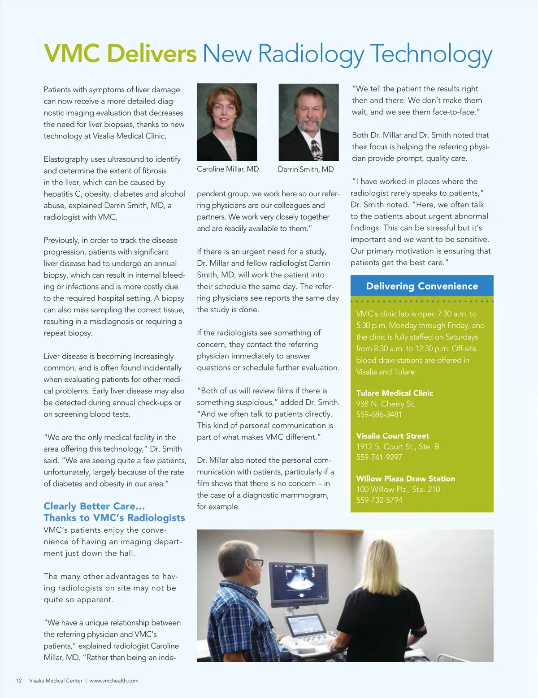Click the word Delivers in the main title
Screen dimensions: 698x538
point(152,54)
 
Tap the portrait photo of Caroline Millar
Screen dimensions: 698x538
point(227,122)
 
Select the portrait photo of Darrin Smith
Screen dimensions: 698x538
point(308,122)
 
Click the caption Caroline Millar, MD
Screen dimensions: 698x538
point(228,169)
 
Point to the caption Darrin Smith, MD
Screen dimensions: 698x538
point(306,169)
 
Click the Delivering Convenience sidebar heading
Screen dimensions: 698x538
point(422,286)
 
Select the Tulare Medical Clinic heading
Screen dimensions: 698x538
point(395,393)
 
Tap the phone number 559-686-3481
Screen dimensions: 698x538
point(379,414)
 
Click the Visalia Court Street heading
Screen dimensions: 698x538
point(393,436)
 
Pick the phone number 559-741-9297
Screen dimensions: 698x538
point(379,457)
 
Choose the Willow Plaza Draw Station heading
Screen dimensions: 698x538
point(405,478)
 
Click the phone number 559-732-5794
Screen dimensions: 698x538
point(379,500)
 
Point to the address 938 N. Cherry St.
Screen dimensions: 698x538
point(386,404)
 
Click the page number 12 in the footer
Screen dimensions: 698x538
point(19,681)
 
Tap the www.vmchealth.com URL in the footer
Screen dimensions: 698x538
point(114,681)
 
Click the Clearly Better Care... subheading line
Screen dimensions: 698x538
point(94,506)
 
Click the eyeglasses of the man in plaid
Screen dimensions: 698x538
point(256,562)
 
